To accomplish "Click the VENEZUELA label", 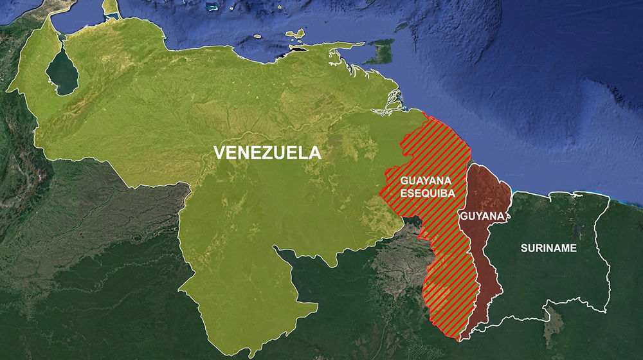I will point(267,153).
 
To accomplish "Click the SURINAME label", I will point(548,248).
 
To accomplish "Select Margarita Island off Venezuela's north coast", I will point(296,33).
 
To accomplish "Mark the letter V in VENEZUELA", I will point(219,153).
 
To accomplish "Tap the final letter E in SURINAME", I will point(574,248).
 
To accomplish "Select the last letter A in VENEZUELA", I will point(314,153).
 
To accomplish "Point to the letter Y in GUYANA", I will point(477,216).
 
